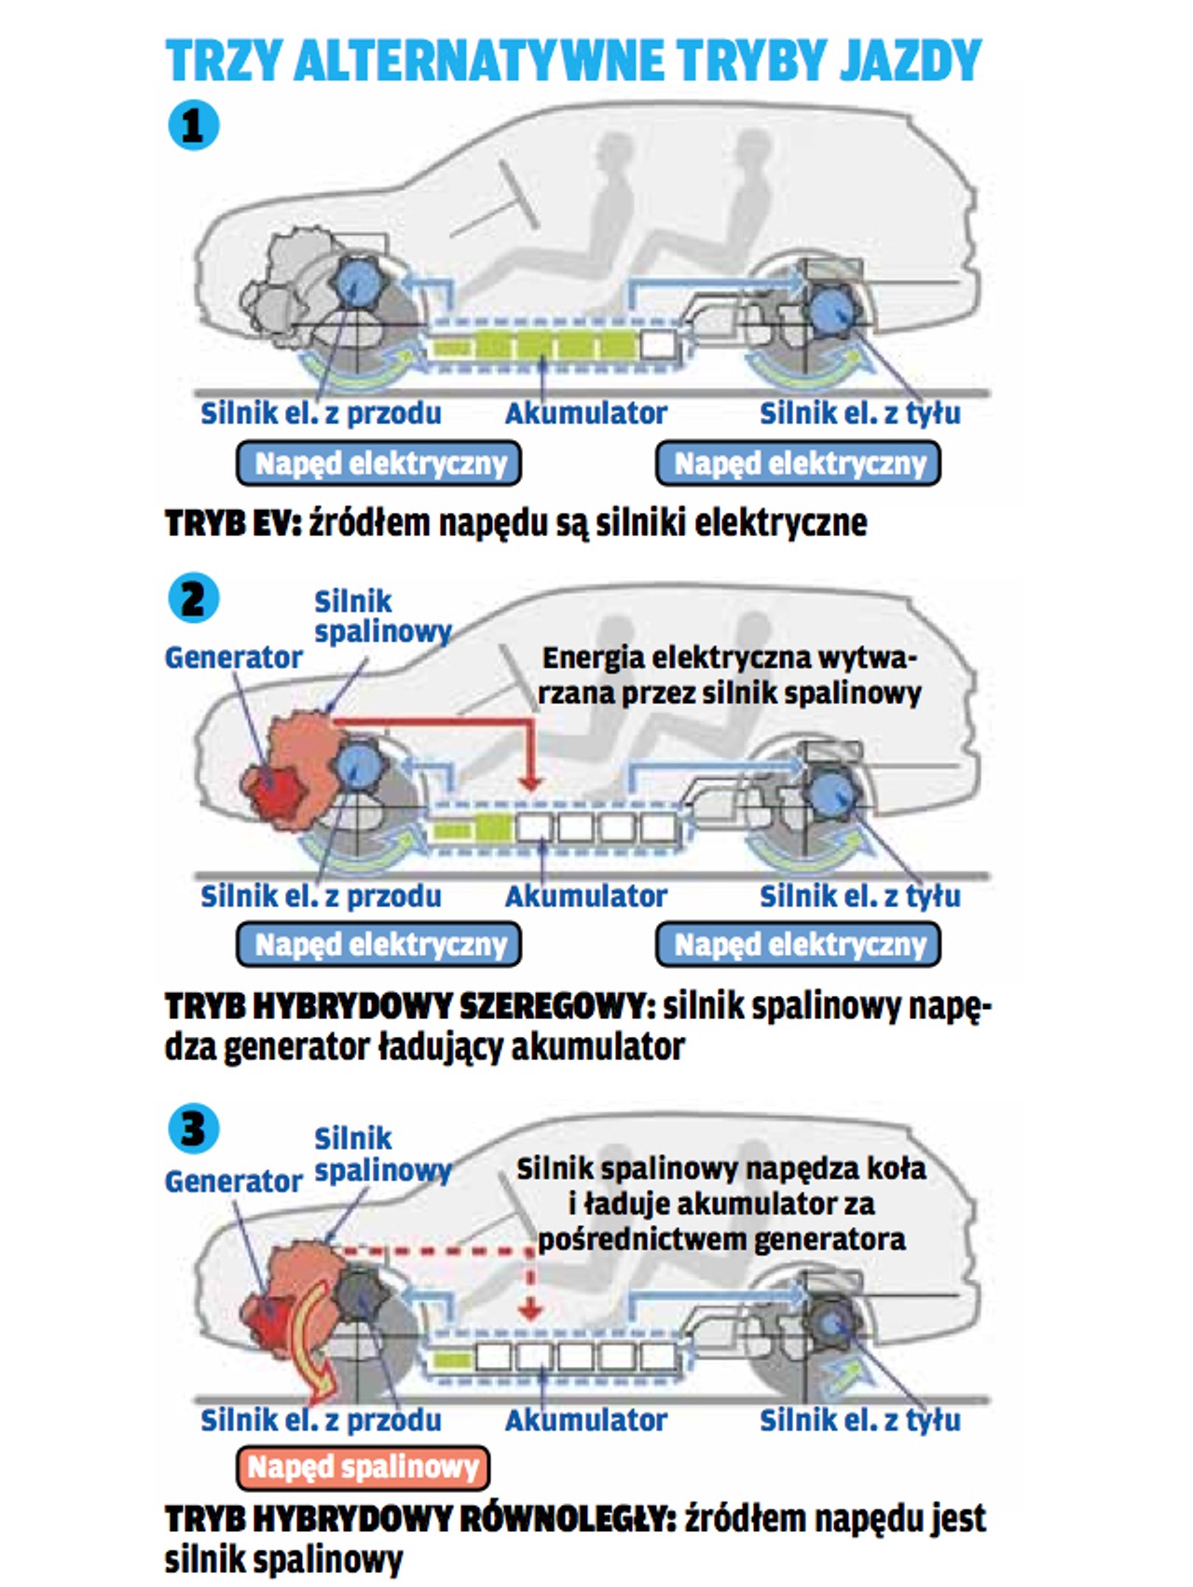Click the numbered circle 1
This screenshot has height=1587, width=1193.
click(194, 126)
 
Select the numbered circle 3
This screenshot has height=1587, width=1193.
click(194, 1128)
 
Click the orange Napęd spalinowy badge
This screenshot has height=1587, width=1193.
click(363, 1467)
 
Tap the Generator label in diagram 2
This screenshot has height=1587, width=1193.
click(234, 657)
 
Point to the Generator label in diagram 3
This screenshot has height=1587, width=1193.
click(234, 1181)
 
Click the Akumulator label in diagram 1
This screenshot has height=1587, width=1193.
click(586, 413)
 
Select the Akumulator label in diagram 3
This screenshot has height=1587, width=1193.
click(586, 1420)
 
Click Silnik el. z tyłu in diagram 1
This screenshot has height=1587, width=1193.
click(860, 413)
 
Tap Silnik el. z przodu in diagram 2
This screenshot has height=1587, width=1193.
click(322, 896)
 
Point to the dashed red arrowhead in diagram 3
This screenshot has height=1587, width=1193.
click(530, 1310)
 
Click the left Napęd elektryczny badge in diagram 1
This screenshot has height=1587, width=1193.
click(379, 463)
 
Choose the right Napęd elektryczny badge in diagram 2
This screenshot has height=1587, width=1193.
click(799, 945)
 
